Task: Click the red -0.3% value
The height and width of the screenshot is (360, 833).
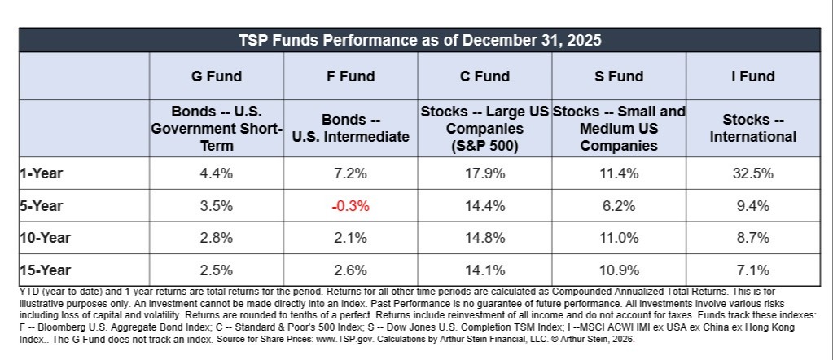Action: point(350,206)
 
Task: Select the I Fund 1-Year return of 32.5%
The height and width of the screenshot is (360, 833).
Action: point(752,173)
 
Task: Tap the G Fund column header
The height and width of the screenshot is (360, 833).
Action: point(217,77)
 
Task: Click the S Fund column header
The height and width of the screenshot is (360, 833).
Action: point(618,77)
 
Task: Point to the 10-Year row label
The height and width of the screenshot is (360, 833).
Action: point(45,238)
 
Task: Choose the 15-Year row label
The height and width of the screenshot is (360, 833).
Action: point(45,270)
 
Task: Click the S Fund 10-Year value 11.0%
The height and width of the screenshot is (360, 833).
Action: point(618,238)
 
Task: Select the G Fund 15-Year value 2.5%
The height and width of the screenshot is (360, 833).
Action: point(217,270)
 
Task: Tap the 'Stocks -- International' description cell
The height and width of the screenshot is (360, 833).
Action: point(752,128)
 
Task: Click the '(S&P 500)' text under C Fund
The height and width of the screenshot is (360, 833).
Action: point(484,146)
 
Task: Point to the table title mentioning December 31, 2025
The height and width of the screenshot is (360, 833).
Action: point(419,41)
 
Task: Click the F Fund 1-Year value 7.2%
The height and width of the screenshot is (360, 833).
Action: point(350,173)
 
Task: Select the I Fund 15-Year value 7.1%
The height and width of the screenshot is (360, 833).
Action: point(752,270)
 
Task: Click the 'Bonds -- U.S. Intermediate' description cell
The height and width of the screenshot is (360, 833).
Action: point(351,128)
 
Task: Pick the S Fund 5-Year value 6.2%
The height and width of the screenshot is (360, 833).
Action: point(618,206)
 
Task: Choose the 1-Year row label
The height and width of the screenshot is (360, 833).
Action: point(42,173)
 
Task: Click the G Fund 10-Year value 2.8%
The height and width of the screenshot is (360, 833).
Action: point(217,238)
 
